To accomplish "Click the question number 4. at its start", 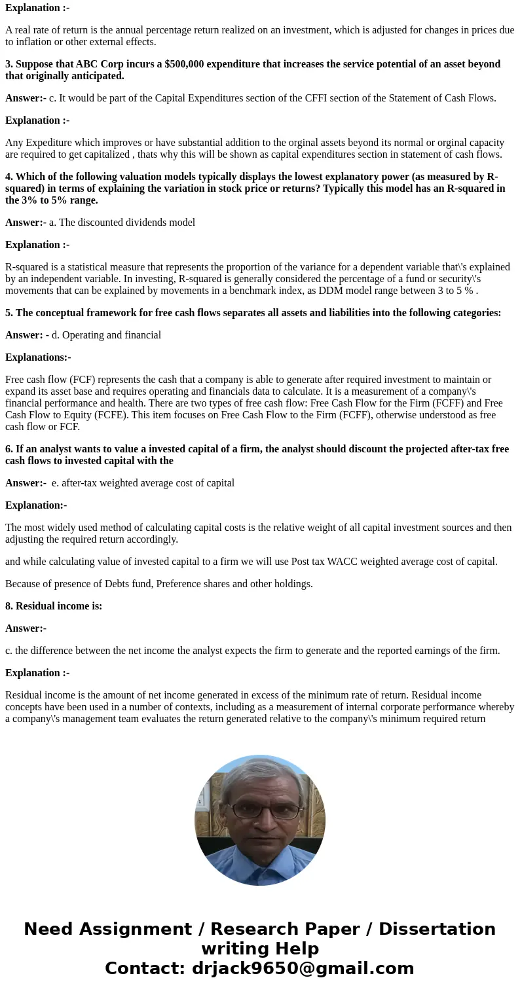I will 9,177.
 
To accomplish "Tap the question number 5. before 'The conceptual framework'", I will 9,313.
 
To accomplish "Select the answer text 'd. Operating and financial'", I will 106,335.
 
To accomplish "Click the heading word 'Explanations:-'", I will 38,357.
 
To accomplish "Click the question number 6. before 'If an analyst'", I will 9,449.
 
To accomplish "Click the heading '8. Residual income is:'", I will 54,606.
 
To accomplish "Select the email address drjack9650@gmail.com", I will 303,968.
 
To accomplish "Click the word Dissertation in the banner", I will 437,929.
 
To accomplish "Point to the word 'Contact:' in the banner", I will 145,968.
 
